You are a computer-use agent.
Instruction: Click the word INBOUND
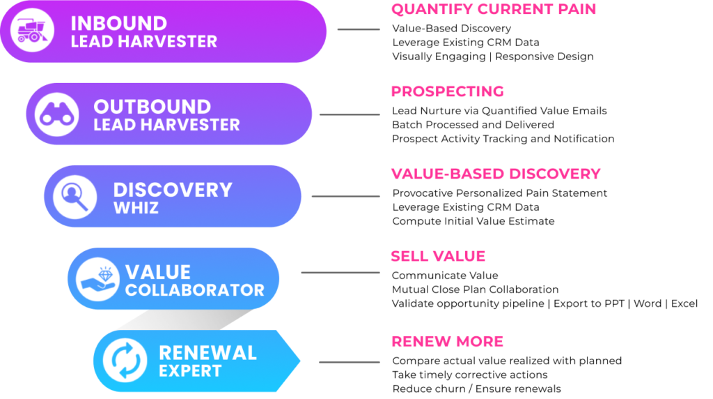point(118,23)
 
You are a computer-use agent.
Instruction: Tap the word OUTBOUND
point(152,107)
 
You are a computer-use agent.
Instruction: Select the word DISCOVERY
point(172,189)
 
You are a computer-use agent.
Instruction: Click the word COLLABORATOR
point(195,289)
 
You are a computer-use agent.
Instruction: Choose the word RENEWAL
point(207,352)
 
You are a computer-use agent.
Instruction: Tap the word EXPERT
point(190,370)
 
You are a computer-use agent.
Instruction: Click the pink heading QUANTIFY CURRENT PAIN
point(493,9)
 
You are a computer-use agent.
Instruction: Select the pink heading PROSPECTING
point(447,91)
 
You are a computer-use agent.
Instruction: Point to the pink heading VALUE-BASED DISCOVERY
point(495,174)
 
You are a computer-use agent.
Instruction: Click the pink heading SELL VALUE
point(437,256)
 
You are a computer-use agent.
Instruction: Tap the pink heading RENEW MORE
point(447,341)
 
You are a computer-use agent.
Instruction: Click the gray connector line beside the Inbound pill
point(359,29)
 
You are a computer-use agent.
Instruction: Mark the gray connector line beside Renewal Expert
point(349,362)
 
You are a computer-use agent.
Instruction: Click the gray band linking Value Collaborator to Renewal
point(185,319)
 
